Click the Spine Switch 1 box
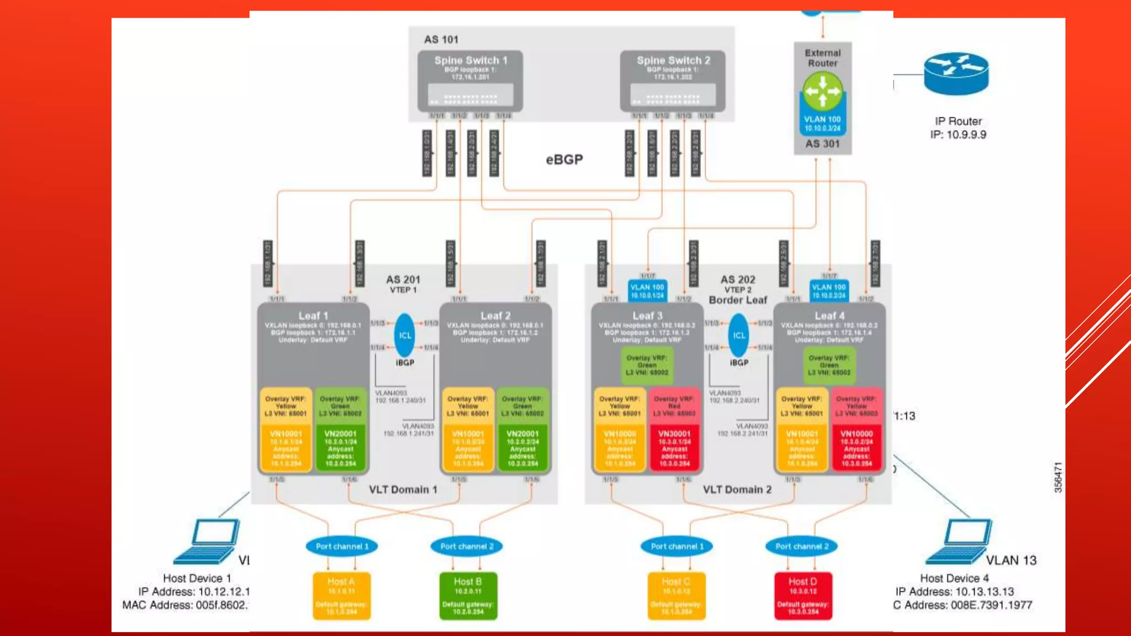pos(470,81)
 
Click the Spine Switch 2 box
pos(673,81)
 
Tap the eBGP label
pos(564,160)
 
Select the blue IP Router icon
pos(956,73)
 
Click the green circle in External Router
pos(822,91)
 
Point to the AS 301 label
pos(822,144)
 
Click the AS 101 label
pos(441,40)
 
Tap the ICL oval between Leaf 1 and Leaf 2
pos(405,335)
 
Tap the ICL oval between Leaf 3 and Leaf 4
pos(739,335)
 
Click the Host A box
pos(341,596)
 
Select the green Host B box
pos(468,596)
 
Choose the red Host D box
pos(802,596)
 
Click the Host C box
pos(676,596)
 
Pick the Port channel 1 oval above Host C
pos(677,547)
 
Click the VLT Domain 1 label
pos(403,490)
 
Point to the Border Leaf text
pos(738,300)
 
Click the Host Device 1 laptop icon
pos(209,541)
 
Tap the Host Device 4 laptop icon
pos(961,541)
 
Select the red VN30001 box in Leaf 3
pos(674,448)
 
